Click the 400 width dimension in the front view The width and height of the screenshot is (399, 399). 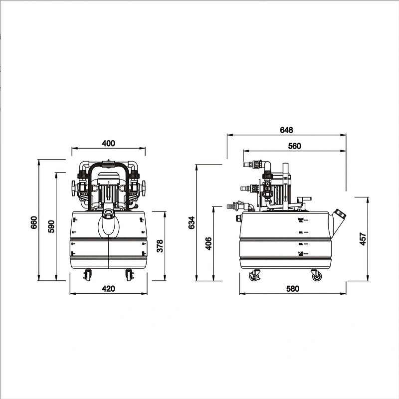108,143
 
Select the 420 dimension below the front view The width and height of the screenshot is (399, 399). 108,289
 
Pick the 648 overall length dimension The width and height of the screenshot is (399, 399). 286,130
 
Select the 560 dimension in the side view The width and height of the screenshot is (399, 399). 295,146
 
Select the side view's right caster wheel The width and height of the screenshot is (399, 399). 316,275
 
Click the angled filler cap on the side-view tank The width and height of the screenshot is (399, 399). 341,215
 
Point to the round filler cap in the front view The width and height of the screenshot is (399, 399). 109,214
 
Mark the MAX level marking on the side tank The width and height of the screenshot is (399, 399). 301,219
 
